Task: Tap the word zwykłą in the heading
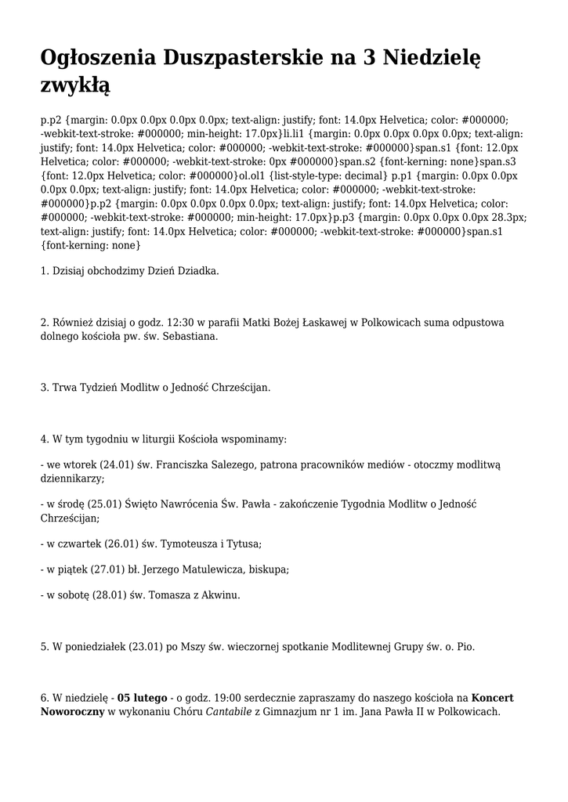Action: (x=75, y=83)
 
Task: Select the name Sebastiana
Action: (x=190, y=336)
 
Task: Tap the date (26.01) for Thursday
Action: (x=128, y=543)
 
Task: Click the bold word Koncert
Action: (x=493, y=698)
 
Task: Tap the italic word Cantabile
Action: (x=228, y=712)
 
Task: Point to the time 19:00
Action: (x=230, y=698)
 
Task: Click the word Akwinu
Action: (x=221, y=595)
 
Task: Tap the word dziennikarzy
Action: (x=71, y=479)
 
